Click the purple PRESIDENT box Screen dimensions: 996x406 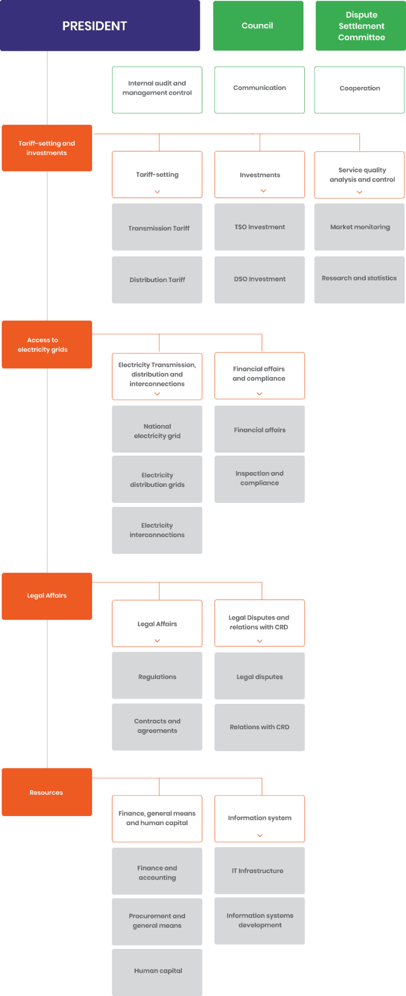[100, 26]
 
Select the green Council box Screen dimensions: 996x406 [258, 26]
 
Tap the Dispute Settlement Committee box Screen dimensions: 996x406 [361, 26]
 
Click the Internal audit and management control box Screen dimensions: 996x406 [157, 89]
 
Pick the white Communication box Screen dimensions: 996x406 [260, 89]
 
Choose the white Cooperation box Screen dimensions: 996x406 [359, 89]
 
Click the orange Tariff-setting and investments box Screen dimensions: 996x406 [47, 148]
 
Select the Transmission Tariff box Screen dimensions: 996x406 [157, 228]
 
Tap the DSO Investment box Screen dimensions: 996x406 [260, 279]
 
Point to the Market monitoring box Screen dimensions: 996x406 [359, 227]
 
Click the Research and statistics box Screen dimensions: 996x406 [359, 279]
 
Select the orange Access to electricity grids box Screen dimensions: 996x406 [47, 345]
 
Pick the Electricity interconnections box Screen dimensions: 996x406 [157, 530]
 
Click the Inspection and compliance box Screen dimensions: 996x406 [260, 478]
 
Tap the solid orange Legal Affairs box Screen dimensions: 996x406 [47, 596]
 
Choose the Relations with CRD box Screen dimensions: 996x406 [260, 727]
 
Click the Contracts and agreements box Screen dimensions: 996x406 [157, 727]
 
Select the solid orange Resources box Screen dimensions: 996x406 [47, 792]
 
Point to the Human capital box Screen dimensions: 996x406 [157, 972]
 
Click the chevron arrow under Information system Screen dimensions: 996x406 [260, 835]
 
